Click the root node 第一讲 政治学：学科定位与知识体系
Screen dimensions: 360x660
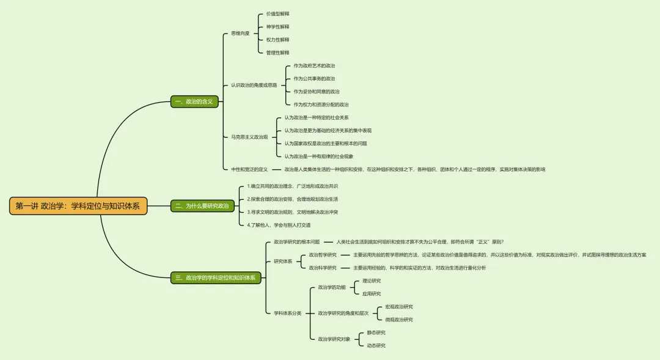[x=78, y=206]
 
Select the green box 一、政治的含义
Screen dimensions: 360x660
[x=194, y=101]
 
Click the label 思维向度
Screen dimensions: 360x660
[x=240, y=34]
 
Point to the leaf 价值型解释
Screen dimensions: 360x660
[x=277, y=13]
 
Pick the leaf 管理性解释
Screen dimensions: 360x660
[x=277, y=53]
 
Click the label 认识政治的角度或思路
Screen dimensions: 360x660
[x=254, y=85]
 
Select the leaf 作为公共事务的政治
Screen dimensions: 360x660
[x=314, y=78]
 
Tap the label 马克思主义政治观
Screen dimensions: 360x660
[x=249, y=137]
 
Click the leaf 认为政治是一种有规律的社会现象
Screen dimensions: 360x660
[x=318, y=156]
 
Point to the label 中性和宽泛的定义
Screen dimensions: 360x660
[x=249, y=169]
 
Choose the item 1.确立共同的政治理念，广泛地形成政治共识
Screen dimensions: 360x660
[x=292, y=186]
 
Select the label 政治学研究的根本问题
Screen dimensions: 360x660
[x=296, y=242]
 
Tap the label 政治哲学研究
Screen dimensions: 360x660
[x=323, y=255]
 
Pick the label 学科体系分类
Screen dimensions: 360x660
[x=288, y=313]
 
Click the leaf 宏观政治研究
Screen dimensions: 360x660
[x=398, y=306]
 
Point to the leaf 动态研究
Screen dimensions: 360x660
[x=376, y=345]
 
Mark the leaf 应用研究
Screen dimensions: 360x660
[x=372, y=293]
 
